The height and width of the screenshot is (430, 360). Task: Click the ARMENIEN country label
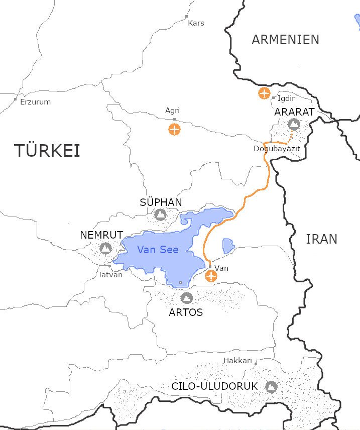coord(285,40)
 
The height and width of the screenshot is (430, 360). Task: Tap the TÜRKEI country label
coord(47,150)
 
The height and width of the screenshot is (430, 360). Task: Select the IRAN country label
coord(321,239)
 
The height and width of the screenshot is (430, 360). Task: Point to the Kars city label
coord(195,23)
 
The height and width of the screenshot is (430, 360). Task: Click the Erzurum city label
coord(35,102)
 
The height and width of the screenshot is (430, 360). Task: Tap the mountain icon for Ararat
coord(294,124)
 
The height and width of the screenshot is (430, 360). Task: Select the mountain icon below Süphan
coord(160,215)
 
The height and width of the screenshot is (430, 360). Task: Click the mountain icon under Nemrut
coord(105,248)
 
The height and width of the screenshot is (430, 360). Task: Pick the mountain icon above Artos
coord(187,298)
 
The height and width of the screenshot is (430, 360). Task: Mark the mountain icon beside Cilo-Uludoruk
coord(271,387)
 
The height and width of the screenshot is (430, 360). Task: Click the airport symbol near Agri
coord(174,129)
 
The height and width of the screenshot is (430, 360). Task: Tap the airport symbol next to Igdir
coord(264,93)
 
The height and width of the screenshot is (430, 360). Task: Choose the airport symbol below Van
coord(211,276)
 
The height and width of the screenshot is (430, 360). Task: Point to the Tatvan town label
coord(110,275)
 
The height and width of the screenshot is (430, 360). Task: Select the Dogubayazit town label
coord(277,149)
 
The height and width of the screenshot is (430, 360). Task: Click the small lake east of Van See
coord(228,245)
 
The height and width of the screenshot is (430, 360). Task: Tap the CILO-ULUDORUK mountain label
coord(214,387)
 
